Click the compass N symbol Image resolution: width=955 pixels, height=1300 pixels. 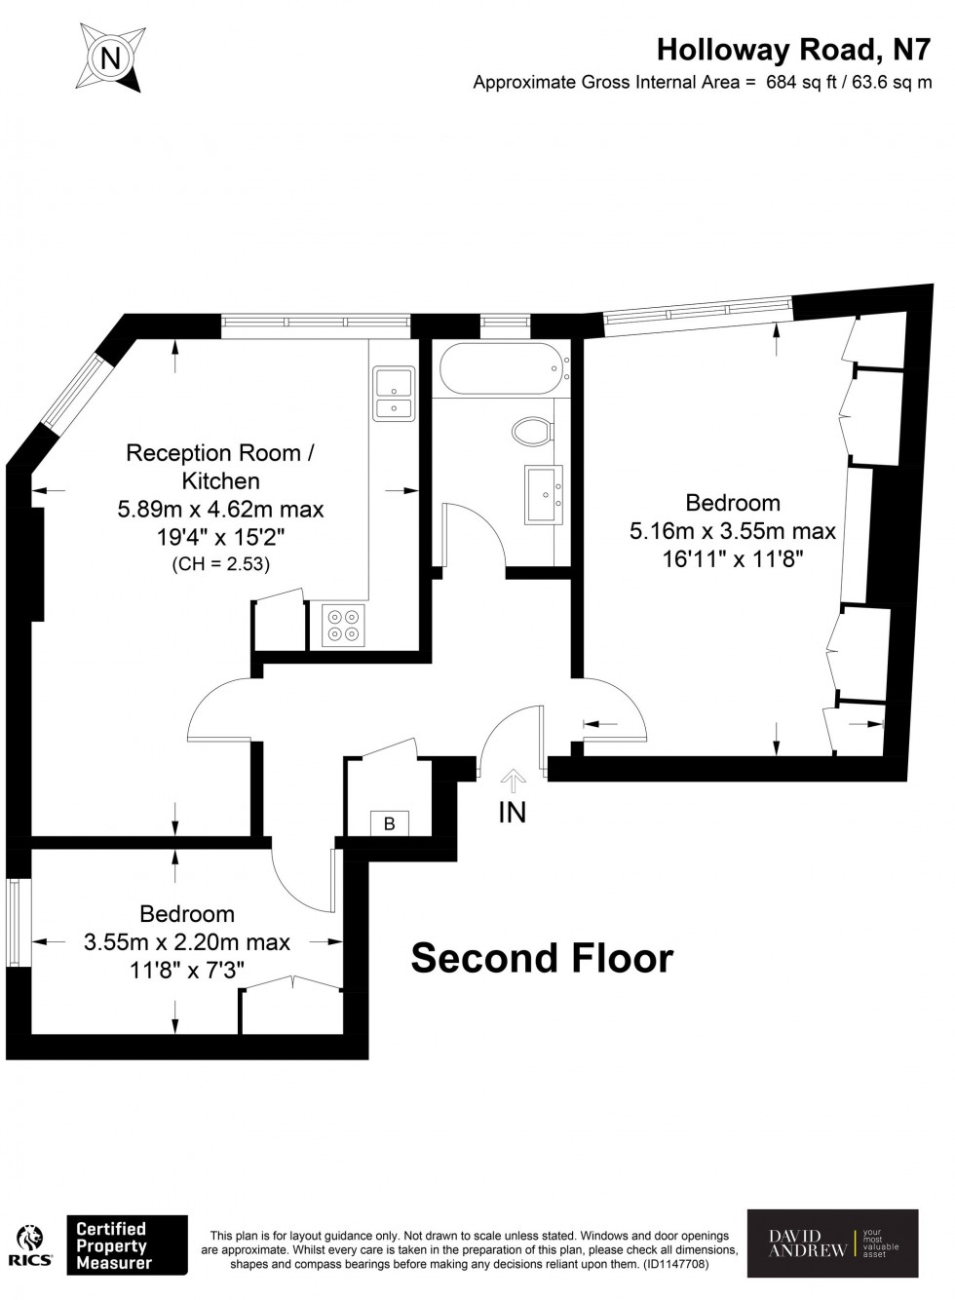pos(111,59)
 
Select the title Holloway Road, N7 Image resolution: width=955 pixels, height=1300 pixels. pos(793,49)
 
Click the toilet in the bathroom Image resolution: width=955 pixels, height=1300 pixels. pos(533,430)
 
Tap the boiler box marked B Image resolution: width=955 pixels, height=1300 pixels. pos(389,824)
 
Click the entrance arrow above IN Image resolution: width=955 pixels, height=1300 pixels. pos(513,778)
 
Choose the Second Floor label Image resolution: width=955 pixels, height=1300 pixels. pos(542,959)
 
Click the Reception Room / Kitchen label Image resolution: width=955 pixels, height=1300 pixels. pos(221,467)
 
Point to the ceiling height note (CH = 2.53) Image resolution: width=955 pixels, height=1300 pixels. pos(220,564)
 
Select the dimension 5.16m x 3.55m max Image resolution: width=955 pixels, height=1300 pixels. pos(733,531)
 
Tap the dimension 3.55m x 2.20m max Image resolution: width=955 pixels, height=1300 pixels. pos(187,942)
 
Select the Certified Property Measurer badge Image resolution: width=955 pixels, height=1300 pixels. pos(126,1245)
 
